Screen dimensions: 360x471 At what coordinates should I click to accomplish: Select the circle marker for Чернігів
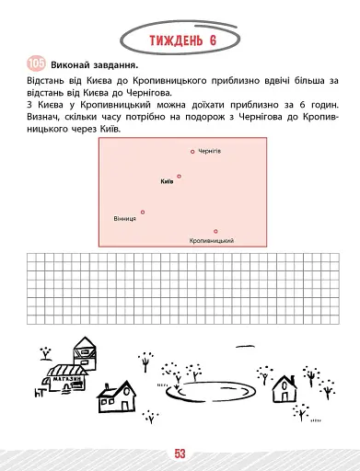coord(192,151)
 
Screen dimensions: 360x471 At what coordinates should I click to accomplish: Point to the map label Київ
coord(167,181)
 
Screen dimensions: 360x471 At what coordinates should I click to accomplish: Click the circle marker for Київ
coord(180,176)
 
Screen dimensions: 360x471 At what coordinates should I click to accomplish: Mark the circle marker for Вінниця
coord(143,212)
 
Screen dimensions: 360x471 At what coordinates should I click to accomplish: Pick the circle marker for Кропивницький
coord(215,231)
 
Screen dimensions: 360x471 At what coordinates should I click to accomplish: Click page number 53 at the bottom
coord(180,452)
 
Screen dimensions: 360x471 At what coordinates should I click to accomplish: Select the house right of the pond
coord(286,390)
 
